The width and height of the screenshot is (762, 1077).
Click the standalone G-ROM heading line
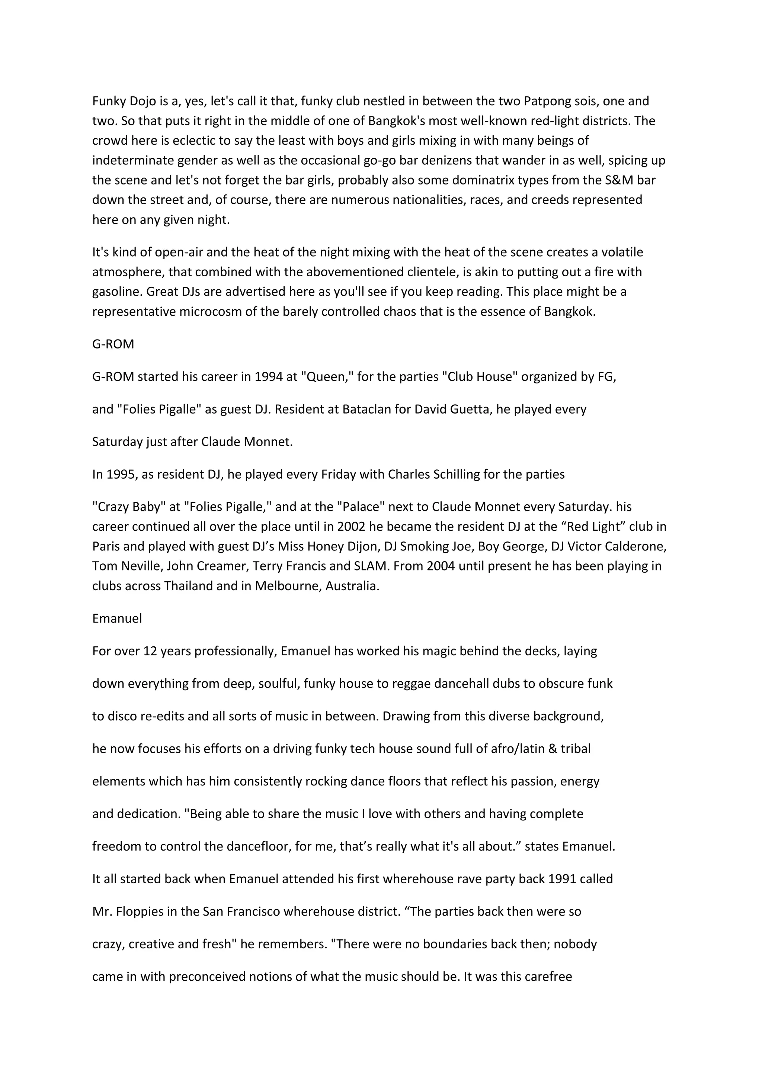point(113,344)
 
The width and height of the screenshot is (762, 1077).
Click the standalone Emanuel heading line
point(117,619)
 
